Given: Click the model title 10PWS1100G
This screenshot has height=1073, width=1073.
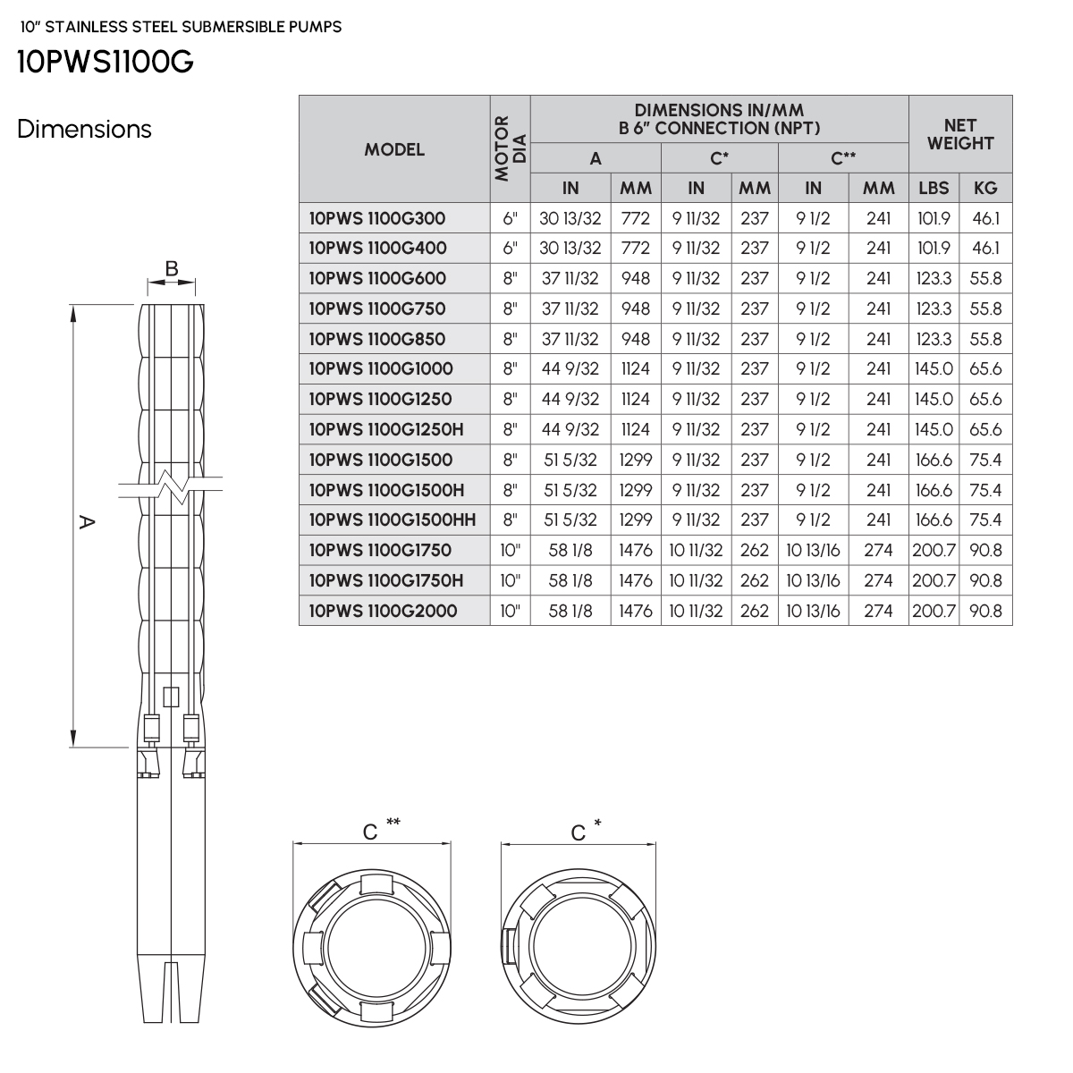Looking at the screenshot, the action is click(x=106, y=62).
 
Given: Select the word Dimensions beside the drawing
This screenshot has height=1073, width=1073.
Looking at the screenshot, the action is click(x=84, y=129).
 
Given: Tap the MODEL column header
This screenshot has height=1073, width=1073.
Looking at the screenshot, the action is click(x=394, y=149).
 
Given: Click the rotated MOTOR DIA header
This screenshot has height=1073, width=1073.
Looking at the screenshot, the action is click(x=510, y=148).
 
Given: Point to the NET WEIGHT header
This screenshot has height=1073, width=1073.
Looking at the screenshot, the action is click(x=960, y=134).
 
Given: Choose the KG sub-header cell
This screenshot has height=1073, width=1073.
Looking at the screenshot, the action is click(x=985, y=188).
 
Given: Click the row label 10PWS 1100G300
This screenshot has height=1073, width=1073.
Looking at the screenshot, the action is click(x=377, y=218).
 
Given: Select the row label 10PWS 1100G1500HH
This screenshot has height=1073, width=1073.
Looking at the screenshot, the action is click(x=393, y=520).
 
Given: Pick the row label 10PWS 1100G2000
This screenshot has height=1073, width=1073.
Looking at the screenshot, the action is click(x=383, y=611).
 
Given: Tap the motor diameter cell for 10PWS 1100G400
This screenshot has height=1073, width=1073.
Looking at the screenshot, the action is click(x=510, y=249).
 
